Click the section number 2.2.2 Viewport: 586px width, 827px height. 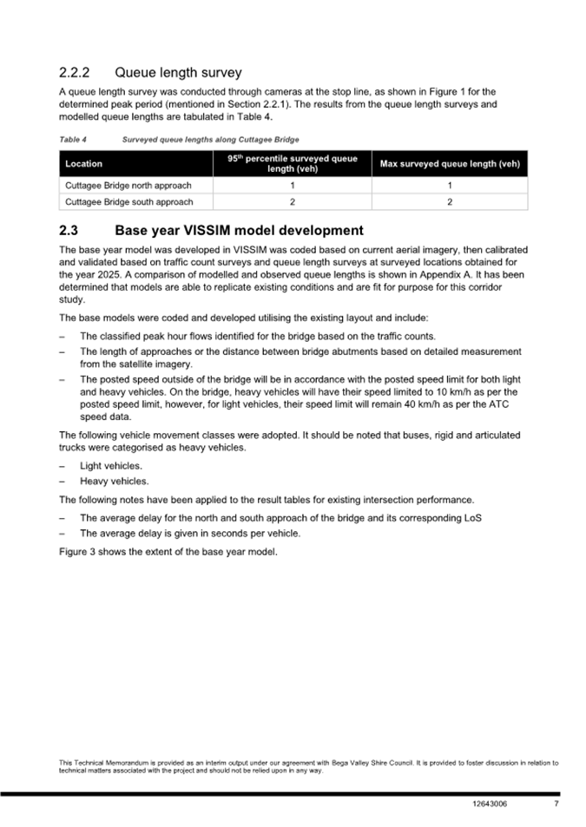click(x=75, y=72)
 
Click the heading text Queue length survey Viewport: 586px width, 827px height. click(x=178, y=72)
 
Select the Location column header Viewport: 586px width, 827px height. click(x=84, y=164)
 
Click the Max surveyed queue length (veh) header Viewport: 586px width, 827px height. click(x=450, y=164)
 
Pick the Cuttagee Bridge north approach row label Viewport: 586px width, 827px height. click(x=128, y=186)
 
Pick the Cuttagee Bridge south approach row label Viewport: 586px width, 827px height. click(x=128, y=202)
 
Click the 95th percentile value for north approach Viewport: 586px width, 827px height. click(x=293, y=186)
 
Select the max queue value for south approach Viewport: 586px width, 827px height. click(x=450, y=202)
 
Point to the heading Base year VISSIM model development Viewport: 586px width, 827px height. click(x=239, y=231)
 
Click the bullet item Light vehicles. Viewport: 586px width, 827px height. click(x=111, y=466)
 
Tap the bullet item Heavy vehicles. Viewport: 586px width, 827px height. click(x=114, y=481)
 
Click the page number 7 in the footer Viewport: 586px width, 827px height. click(x=556, y=804)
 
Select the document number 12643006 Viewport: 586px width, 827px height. click(x=491, y=804)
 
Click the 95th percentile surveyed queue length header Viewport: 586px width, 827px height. click(x=293, y=164)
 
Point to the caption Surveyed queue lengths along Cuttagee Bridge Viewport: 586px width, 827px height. click(x=211, y=139)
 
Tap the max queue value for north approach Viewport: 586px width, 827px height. click(x=450, y=186)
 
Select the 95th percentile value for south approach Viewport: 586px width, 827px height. click(x=293, y=202)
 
